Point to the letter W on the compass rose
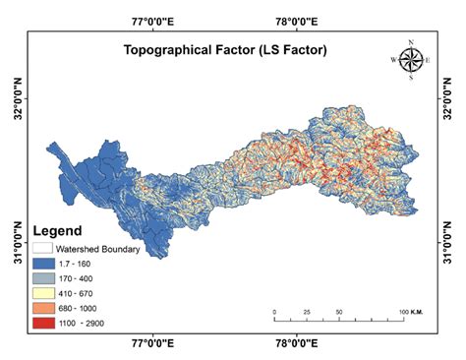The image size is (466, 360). tap(394, 60)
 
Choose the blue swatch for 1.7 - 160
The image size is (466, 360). tap(42, 264)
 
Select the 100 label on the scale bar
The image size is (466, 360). tap(401, 311)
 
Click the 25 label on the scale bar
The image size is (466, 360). tap(307, 311)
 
